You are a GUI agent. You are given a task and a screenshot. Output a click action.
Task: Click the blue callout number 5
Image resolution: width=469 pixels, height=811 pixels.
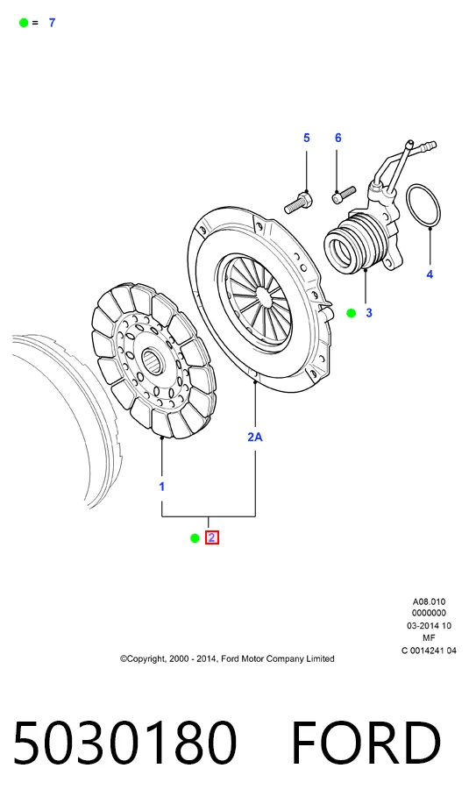(307, 138)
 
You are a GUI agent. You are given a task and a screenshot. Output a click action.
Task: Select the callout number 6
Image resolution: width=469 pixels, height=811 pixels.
(338, 138)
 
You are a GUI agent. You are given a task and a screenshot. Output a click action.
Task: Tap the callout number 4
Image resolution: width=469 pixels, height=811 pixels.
(430, 274)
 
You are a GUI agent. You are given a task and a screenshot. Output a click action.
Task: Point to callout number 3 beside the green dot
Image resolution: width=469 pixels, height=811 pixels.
(369, 313)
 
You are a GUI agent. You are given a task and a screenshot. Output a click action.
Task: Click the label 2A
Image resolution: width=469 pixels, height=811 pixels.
(255, 437)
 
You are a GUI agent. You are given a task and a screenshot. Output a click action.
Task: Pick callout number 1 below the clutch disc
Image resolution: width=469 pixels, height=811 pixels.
(162, 487)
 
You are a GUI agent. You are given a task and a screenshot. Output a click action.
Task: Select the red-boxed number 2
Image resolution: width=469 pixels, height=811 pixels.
(212, 538)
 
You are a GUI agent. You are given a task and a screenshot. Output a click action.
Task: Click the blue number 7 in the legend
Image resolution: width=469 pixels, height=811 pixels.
(52, 23)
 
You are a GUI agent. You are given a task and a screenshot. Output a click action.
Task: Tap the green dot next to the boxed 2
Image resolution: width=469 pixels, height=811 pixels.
(195, 538)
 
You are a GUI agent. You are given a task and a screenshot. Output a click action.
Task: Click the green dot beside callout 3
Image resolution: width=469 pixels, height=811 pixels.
(352, 313)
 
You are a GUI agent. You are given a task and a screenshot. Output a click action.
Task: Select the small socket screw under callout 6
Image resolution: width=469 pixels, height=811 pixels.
(344, 195)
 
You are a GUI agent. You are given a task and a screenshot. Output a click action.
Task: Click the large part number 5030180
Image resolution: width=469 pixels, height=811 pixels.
(124, 742)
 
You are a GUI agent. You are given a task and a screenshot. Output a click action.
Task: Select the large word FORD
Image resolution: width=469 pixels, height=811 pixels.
(366, 742)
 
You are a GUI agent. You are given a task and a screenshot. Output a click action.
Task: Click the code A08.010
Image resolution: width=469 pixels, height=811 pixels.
(429, 601)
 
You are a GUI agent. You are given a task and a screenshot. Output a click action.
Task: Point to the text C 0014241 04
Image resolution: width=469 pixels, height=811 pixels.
(429, 651)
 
